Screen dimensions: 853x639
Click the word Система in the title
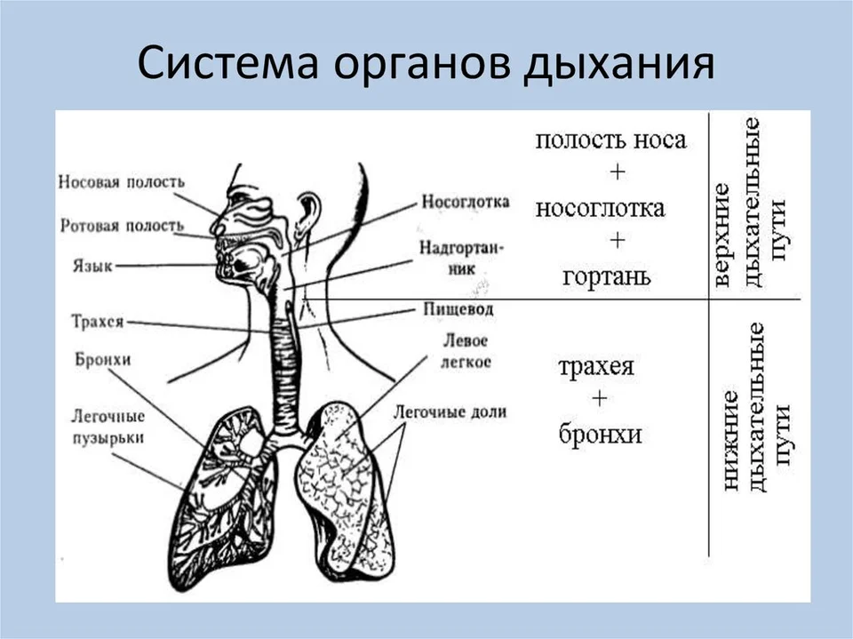click(228, 63)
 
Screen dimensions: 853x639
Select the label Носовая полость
click(122, 181)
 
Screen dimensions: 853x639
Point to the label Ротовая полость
click(122, 226)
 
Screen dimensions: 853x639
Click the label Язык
click(92, 266)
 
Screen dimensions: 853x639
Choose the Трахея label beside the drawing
click(98, 322)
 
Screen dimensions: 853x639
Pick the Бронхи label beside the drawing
click(103, 360)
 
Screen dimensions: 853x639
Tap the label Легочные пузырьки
click(108, 427)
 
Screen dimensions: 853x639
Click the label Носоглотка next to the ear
click(466, 202)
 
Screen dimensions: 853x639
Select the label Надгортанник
click(461, 258)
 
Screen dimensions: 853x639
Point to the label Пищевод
click(458, 309)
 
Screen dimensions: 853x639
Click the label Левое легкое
click(466, 352)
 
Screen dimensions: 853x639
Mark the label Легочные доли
click(450, 412)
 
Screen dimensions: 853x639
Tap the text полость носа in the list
click(611, 140)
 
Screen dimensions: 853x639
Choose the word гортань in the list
click(607, 276)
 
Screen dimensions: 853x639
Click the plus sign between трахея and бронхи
click(600, 399)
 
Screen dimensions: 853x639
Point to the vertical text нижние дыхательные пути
click(753, 407)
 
